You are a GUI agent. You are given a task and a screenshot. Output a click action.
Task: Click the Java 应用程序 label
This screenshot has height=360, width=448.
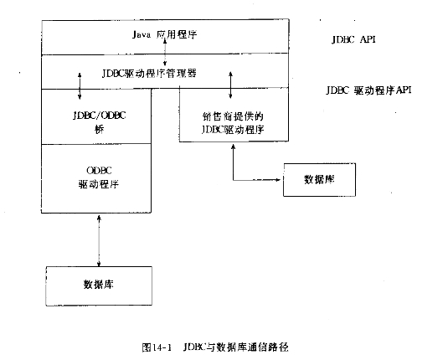[x=165, y=34]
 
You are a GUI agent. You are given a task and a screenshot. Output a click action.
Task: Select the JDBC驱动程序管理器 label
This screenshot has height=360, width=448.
[x=149, y=74]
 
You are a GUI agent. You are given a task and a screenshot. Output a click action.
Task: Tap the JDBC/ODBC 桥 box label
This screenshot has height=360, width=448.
[x=99, y=122]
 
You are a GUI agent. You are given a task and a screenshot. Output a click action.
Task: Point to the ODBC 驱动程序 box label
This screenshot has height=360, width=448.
[x=99, y=177]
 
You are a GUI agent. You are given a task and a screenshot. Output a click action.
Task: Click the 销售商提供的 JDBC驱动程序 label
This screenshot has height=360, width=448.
[x=233, y=123]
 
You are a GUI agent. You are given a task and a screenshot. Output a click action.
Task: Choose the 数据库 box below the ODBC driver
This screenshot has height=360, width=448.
[x=99, y=286]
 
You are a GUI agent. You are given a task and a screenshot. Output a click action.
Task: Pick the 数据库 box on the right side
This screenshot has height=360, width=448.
[x=319, y=180]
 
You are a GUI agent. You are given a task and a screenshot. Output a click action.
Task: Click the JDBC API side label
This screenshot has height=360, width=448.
[x=353, y=39]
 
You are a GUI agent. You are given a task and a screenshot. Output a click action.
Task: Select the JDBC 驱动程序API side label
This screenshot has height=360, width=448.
[x=368, y=90]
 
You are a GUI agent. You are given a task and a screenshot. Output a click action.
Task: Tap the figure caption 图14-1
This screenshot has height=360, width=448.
[x=157, y=347]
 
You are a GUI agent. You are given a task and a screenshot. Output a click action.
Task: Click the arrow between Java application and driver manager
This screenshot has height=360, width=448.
[x=165, y=53]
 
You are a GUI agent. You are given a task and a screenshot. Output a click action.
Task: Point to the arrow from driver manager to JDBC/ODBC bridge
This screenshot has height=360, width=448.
[x=80, y=85]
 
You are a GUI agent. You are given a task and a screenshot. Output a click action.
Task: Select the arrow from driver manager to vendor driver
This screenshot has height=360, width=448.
[x=230, y=85]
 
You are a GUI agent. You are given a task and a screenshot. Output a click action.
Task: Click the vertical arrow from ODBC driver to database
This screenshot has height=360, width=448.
[x=99, y=241]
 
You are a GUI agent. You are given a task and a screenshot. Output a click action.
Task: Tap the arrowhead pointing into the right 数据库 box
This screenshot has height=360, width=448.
[x=277, y=180]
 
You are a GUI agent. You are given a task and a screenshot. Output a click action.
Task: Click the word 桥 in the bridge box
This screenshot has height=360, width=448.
[x=99, y=130]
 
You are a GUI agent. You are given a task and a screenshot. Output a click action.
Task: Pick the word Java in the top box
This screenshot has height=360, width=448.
[x=142, y=35]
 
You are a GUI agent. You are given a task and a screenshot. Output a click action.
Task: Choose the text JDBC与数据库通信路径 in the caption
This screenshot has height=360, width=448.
[x=235, y=347]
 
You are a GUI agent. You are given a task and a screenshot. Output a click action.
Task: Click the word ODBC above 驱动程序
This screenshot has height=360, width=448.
[x=99, y=170]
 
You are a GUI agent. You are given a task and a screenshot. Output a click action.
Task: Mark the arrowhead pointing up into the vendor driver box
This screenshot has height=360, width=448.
[x=233, y=147]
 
